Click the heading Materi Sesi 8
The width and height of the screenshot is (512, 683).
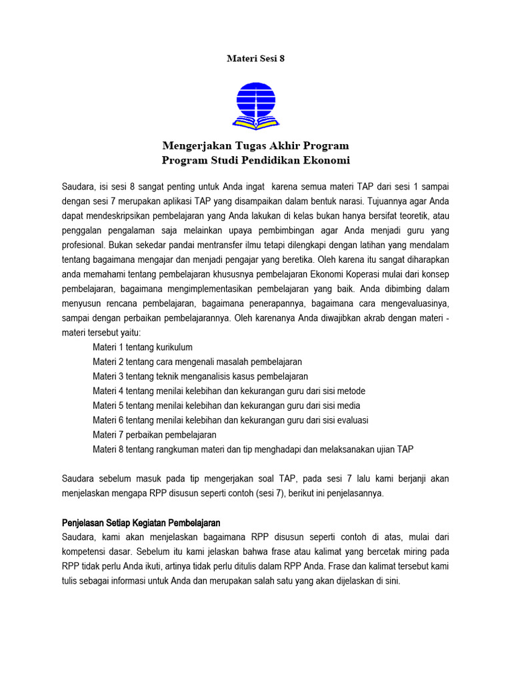tap(256, 59)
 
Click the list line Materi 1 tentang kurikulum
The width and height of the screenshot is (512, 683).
tap(143, 347)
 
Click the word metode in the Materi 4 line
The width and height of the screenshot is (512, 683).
tap(351, 391)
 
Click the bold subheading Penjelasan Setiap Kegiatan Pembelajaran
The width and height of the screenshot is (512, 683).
tap(141, 522)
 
